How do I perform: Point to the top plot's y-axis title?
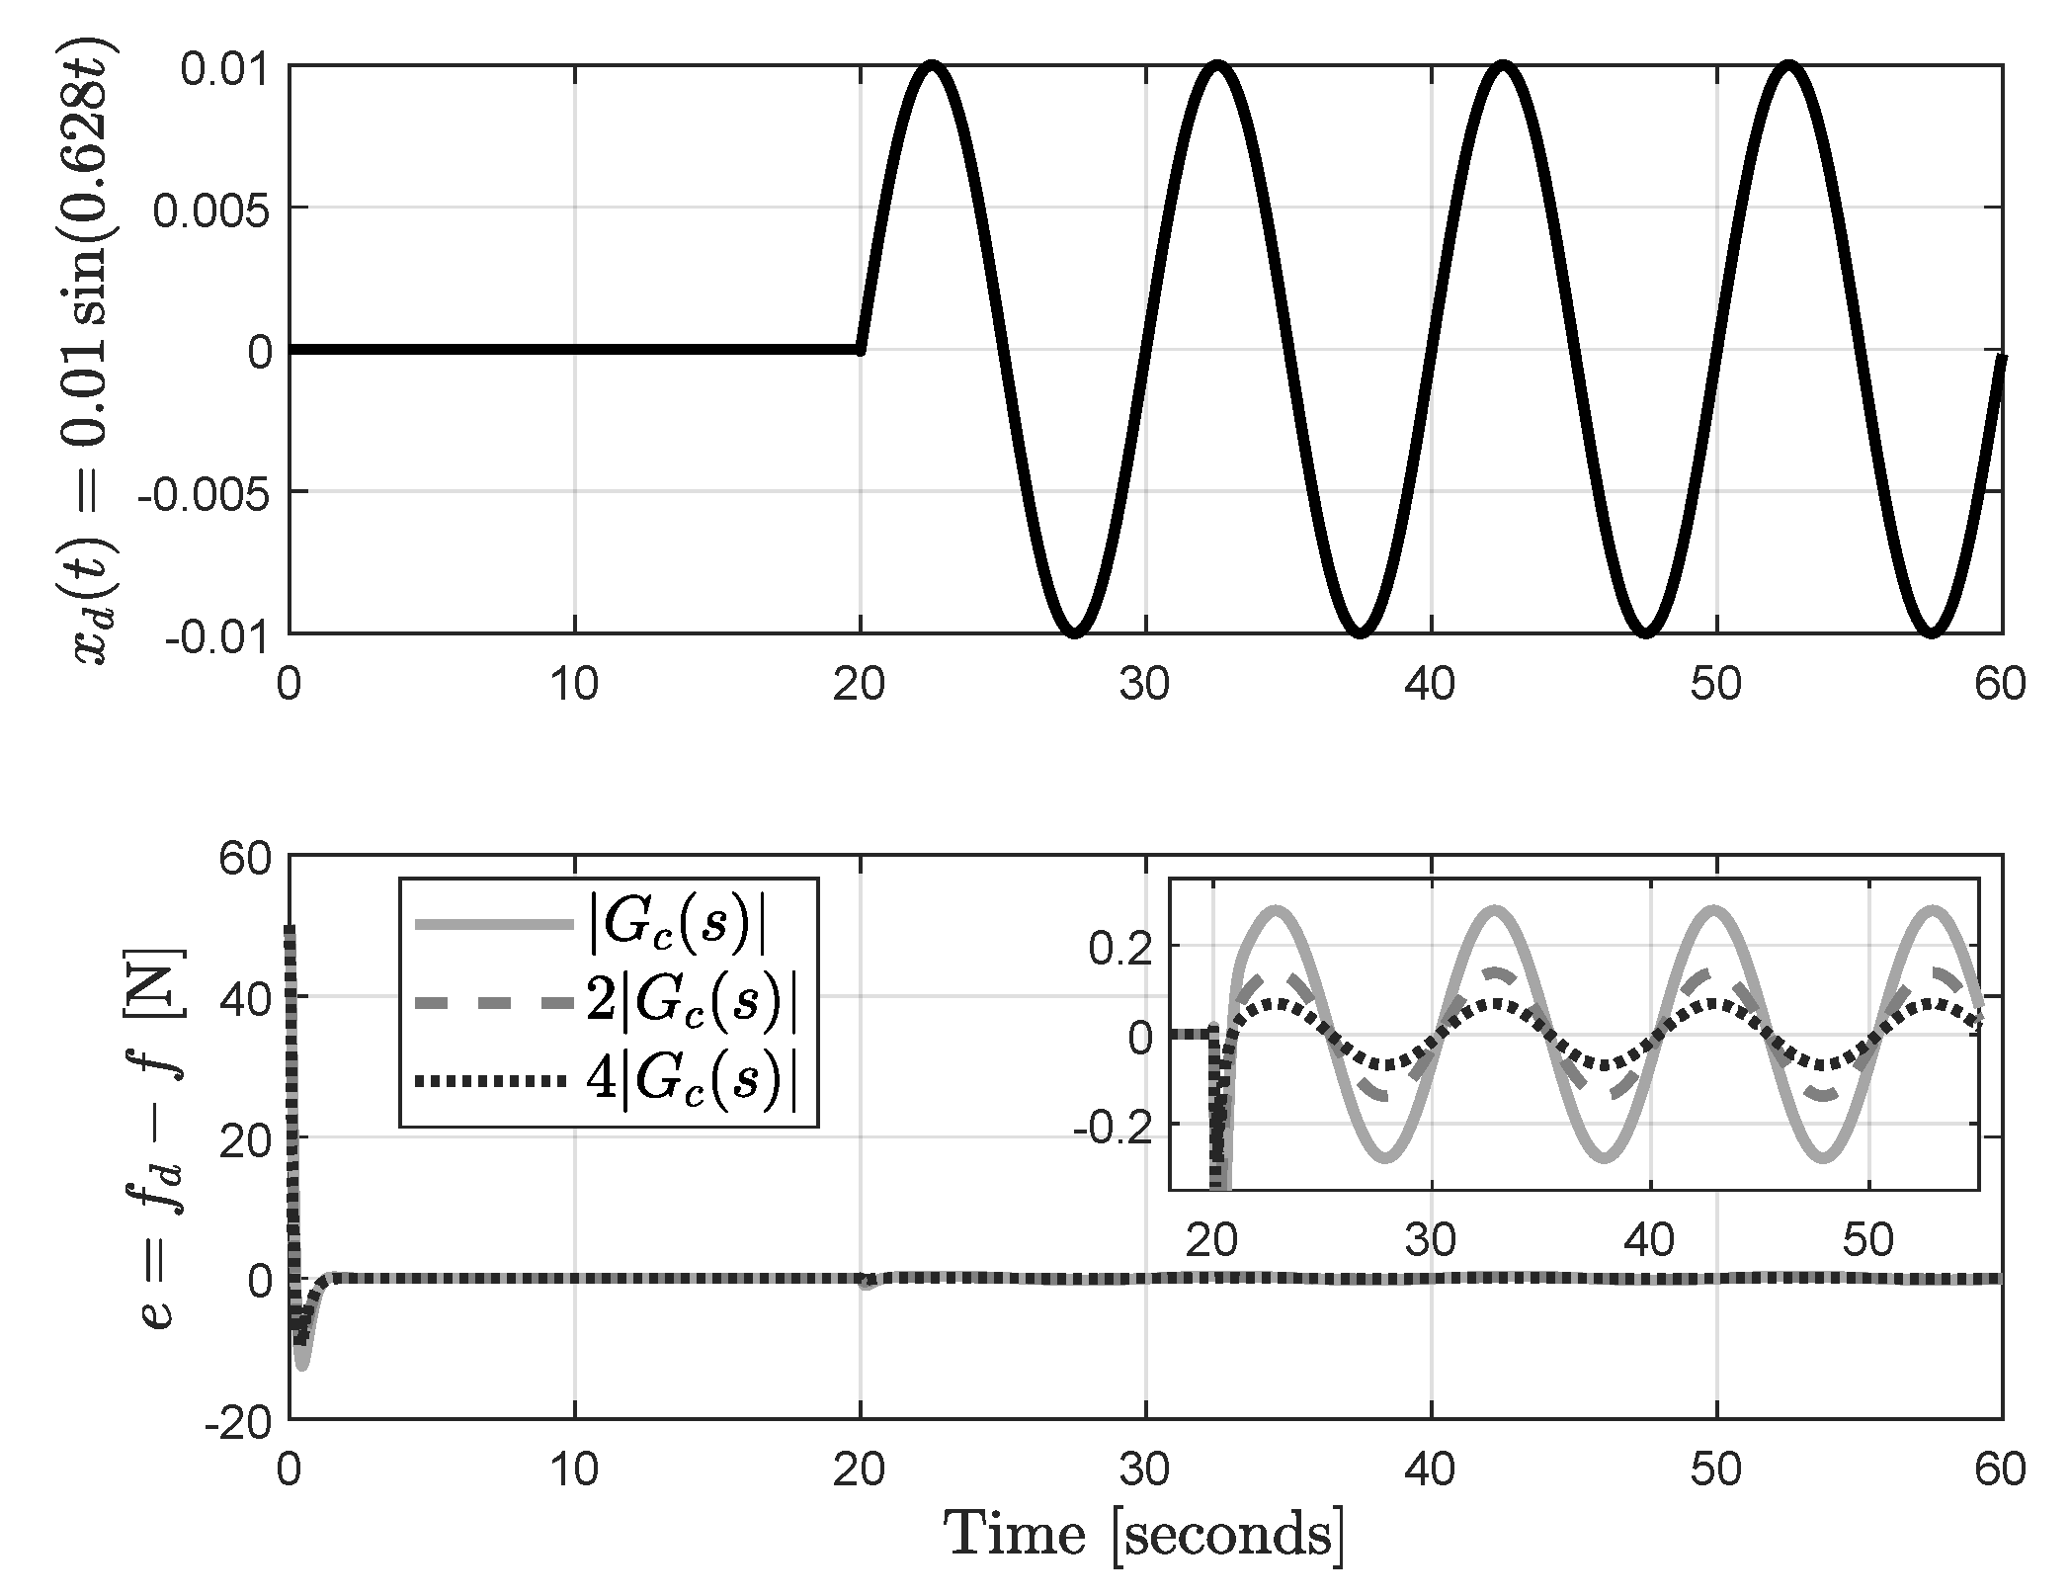[95, 351]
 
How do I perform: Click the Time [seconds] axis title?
[1144, 1536]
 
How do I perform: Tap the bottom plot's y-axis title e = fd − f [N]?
[160, 1136]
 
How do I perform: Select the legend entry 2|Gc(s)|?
[692, 1003]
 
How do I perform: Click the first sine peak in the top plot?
[932, 67]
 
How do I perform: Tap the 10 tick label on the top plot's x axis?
[574, 684]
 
